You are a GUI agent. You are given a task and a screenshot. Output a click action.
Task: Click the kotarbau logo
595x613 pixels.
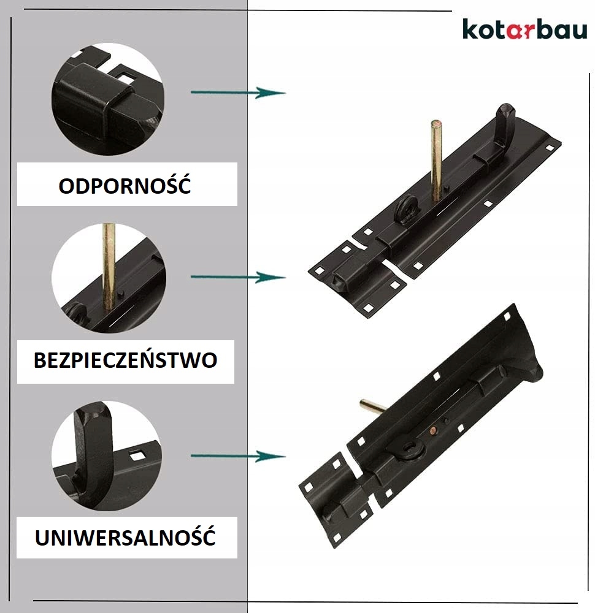pos(524,29)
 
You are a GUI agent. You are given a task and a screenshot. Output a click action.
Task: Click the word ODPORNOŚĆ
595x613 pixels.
pos(125,185)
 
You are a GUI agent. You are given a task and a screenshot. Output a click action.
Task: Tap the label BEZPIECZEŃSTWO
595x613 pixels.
pos(125,360)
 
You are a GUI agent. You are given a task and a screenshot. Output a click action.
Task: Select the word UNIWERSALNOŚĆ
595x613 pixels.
pos(125,538)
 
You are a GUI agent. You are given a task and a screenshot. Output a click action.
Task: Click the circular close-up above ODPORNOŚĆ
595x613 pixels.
pos(107,98)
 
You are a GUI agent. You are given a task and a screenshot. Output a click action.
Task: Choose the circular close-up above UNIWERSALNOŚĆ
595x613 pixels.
pos(107,456)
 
